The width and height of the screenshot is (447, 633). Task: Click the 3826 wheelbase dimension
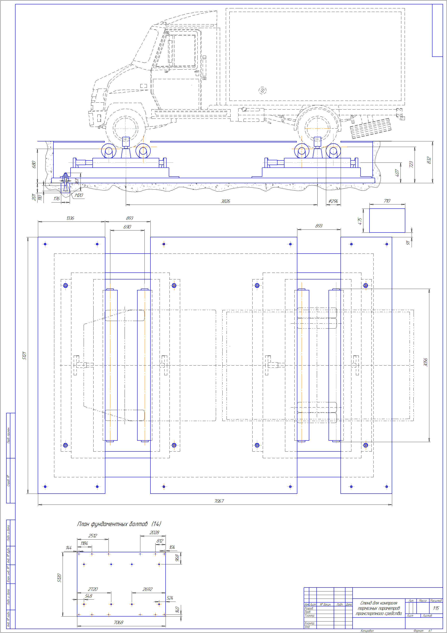[225, 201]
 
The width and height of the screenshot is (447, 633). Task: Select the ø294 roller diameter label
[333, 201]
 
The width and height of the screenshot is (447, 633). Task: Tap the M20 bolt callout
[79, 195]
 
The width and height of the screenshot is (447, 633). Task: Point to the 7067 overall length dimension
[219, 501]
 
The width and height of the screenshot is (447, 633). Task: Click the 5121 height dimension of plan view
[24, 356]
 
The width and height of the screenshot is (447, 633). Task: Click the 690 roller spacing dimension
[127, 227]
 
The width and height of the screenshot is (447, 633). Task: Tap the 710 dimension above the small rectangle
[387, 201]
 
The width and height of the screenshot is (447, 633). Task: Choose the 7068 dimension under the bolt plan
[118, 622]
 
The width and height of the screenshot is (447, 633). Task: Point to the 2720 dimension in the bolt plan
[93, 589]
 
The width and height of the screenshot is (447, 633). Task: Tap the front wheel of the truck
[126, 128]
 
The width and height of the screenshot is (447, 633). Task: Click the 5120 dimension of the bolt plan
[59, 578]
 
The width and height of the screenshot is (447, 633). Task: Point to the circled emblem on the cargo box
[262, 90]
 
